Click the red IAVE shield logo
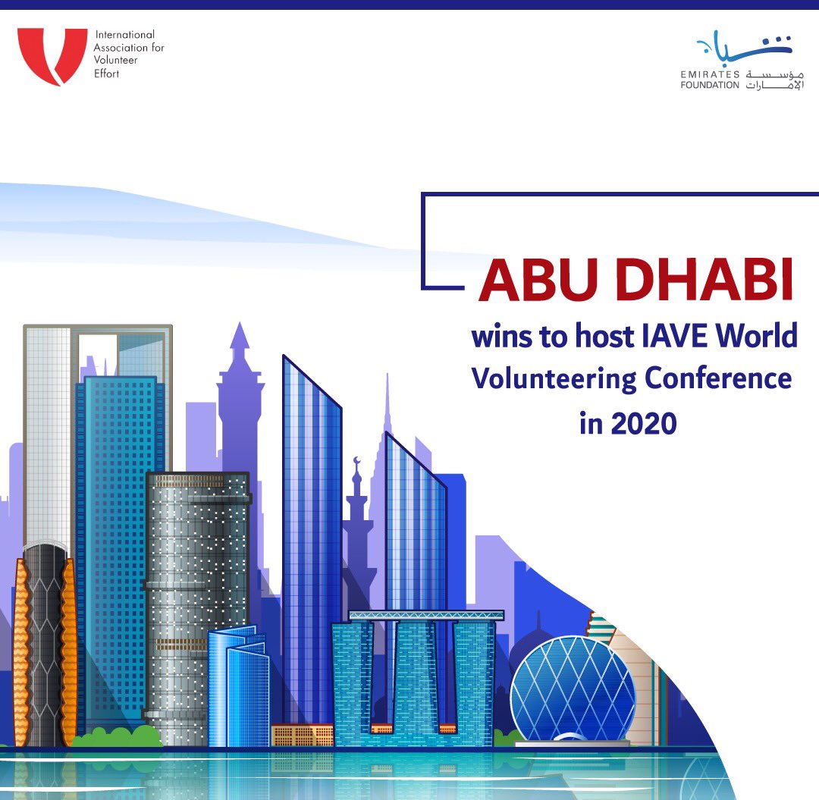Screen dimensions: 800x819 point(51,56)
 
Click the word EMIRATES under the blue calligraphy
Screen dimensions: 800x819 point(709,73)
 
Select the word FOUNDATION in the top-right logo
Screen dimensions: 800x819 point(709,85)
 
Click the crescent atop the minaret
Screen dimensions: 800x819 point(356,460)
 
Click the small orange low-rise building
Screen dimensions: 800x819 point(302,735)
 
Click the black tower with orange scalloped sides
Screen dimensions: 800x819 point(45,645)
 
